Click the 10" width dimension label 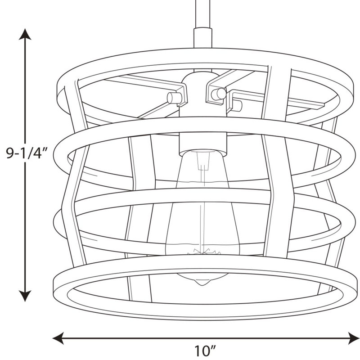[x=206, y=351]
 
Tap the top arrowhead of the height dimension [x=25, y=34]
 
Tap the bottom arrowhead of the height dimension [x=25, y=296]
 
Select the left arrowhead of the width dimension [x=58, y=338]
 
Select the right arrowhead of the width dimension [x=354, y=338]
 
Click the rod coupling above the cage [x=203, y=38]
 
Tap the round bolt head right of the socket [x=218, y=94]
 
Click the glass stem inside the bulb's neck [x=203, y=161]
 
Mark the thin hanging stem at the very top [x=203, y=14]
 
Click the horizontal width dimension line [x=206, y=338]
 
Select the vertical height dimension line [x=25, y=165]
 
